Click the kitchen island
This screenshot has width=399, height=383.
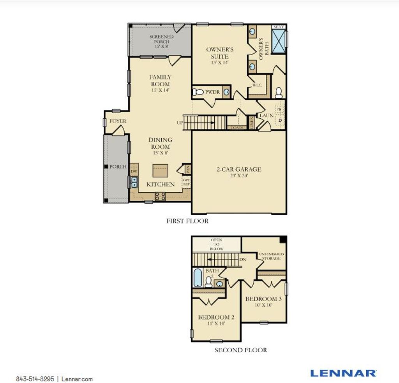click(x=160, y=170)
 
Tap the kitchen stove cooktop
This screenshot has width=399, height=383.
click(x=160, y=196)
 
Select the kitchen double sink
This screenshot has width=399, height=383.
click(x=134, y=182)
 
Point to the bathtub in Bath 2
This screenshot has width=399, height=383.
click(x=198, y=277)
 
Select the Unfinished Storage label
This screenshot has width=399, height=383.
click(x=271, y=256)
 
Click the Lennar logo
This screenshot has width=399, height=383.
click(x=343, y=373)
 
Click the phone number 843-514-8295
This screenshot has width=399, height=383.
click(x=35, y=379)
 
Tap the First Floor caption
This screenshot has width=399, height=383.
click(x=187, y=221)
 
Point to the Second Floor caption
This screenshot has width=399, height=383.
click(x=241, y=350)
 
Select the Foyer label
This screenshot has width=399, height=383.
click(x=118, y=121)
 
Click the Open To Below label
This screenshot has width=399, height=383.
click(x=216, y=244)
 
